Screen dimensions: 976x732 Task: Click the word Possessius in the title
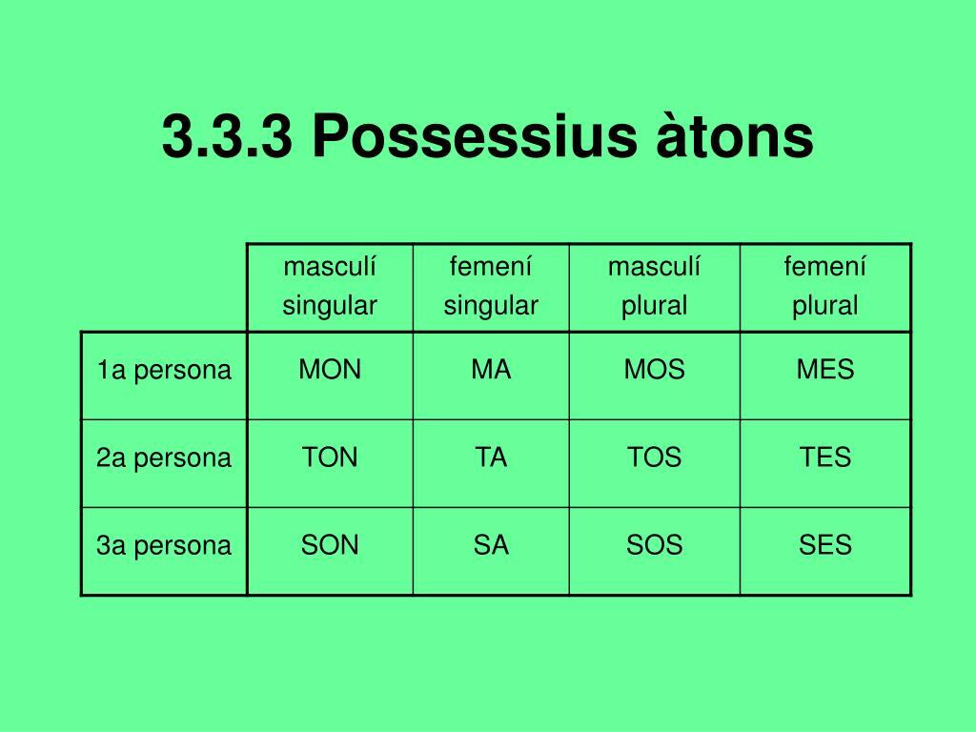point(475,136)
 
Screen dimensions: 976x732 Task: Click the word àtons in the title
point(735,135)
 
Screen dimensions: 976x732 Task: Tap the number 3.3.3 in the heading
point(227,136)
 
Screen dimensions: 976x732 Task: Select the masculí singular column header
point(330,286)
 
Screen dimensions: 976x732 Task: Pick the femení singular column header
point(491,286)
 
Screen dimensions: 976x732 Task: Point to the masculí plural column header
point(654,286)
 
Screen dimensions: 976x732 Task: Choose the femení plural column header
point(824,286)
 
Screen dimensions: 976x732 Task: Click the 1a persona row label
point(164,370)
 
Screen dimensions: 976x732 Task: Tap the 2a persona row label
point(164,457)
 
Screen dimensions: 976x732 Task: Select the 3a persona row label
point(164,545)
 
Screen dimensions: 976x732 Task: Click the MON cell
point(330,369)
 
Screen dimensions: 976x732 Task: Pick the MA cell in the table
point(491,369)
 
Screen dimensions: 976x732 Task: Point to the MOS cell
point(654,369)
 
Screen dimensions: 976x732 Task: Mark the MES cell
point(825,369)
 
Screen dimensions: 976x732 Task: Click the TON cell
point(330,457)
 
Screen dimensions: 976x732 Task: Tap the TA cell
point(491,457)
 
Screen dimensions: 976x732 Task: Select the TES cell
point(825,457)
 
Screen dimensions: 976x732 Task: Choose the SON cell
point(330,544)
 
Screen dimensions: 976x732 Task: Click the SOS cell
point(654,544)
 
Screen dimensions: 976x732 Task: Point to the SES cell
point(825,544)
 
